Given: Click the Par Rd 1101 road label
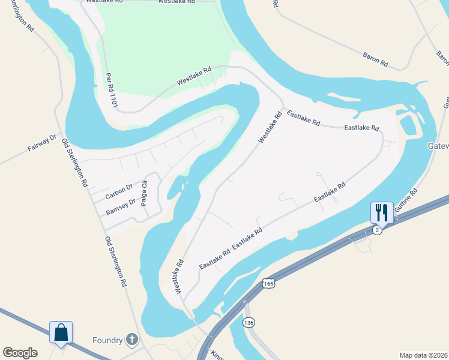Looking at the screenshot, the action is tap(111, 90).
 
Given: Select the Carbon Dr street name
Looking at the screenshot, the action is tap(119, 192).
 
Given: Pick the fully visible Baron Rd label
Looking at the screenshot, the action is tap(376, 59).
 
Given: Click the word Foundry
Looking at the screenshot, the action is tap(107, 340).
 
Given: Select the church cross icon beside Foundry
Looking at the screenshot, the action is tap(132, 340).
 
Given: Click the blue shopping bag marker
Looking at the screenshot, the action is tap(61, 332).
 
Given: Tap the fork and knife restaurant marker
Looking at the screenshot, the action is tap(382, 212).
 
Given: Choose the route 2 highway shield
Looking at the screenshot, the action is tap(376, 230).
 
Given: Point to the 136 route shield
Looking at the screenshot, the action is tap(249, 323).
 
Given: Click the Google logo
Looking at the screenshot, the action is tap(20, 353).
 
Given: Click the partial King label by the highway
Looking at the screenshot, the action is tap(215, 354).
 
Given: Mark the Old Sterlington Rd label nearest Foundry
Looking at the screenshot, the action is tap(118, 262).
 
